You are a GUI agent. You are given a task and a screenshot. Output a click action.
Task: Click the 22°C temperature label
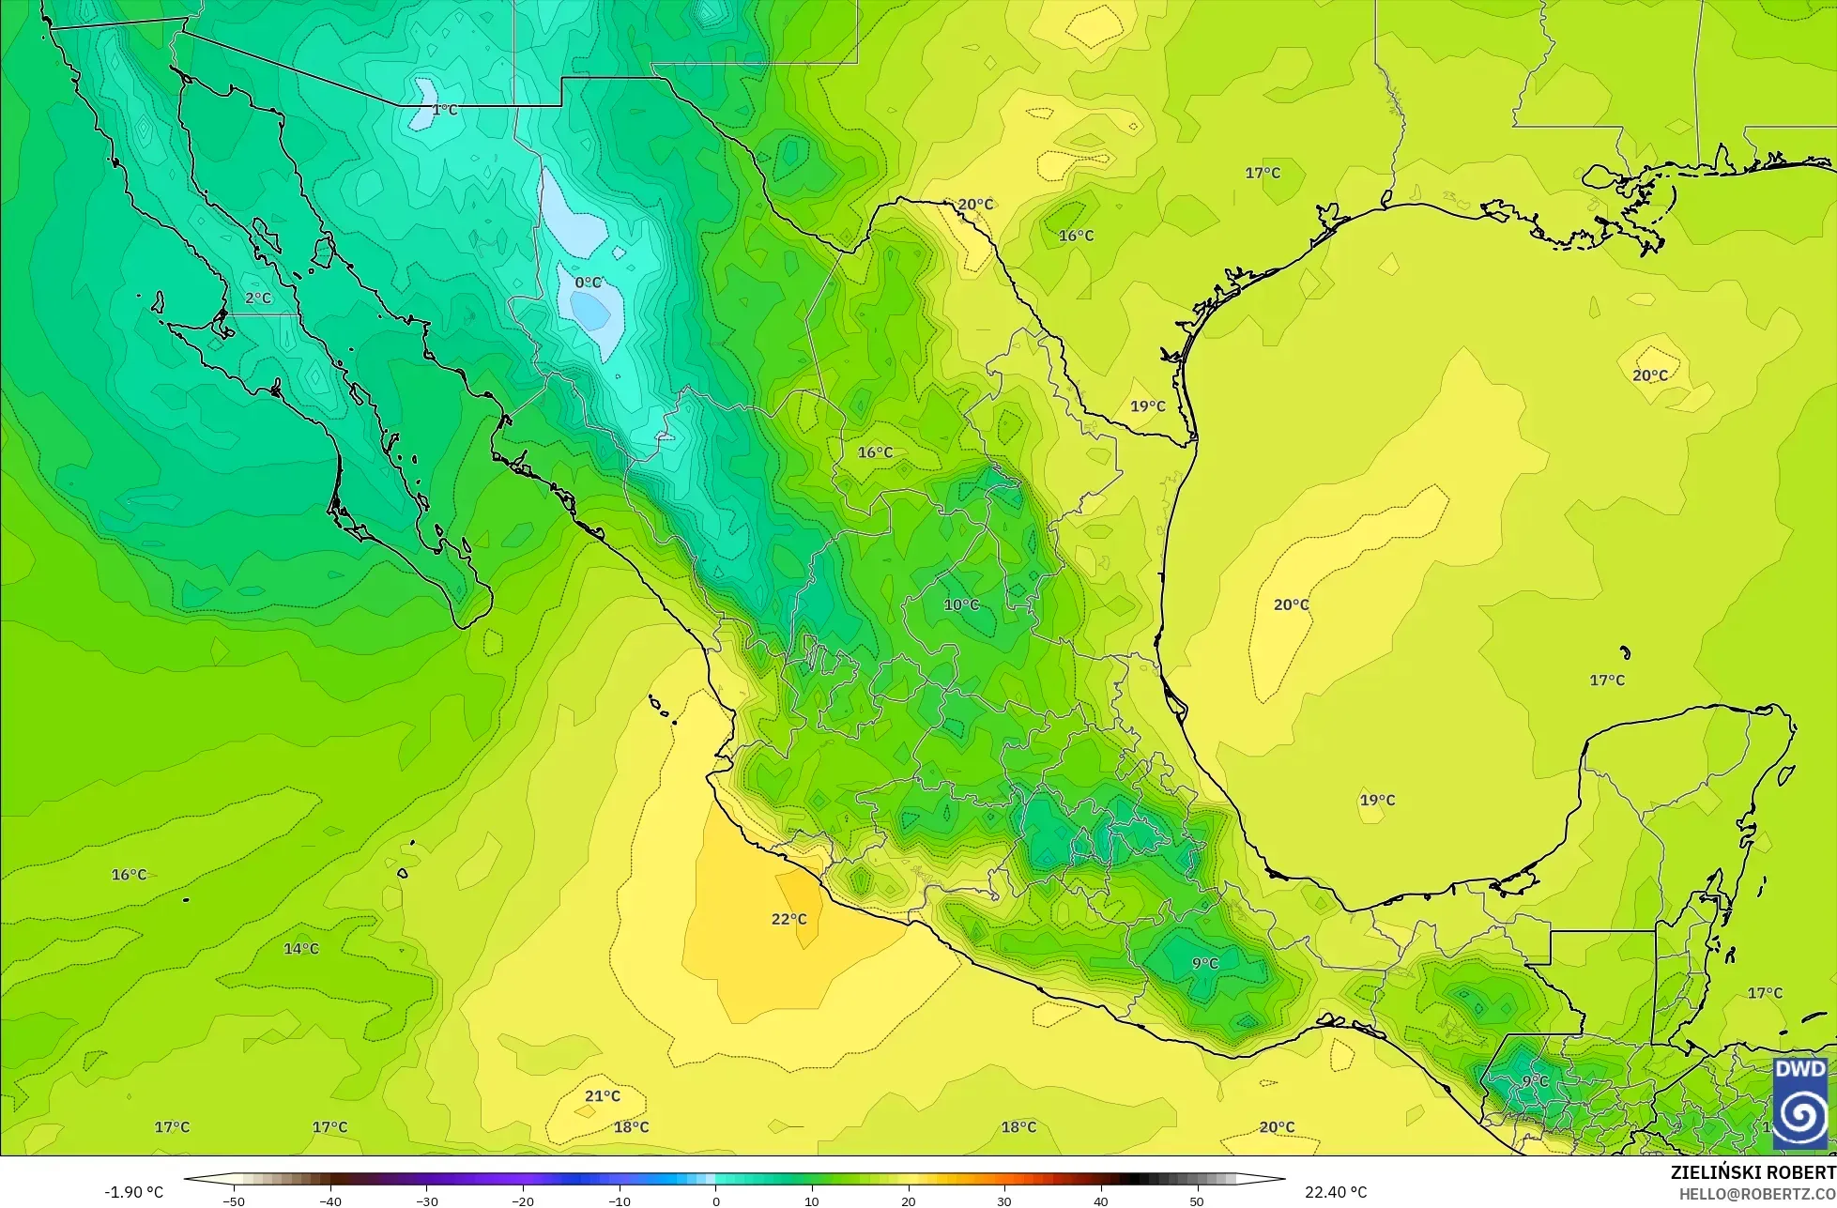point(788,919)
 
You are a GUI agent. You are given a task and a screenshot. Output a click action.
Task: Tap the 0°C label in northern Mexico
point(588,283)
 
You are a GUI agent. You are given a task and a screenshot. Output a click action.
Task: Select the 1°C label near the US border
point(444,110)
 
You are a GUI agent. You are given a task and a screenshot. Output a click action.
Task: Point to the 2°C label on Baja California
point(258,298)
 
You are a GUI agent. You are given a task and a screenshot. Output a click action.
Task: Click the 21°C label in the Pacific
point(603,1095)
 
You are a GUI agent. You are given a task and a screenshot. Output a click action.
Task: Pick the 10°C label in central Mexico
point(961,605)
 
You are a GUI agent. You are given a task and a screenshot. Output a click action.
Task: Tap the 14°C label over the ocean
point(301,949)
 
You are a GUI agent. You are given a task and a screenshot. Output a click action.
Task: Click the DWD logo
point(1800,1103)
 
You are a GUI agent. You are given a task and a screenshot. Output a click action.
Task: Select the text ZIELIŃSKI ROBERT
point(1753,1172)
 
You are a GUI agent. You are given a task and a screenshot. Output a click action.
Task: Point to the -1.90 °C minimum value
point(133,1192)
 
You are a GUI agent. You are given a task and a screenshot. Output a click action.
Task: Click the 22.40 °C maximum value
point(1336,1192)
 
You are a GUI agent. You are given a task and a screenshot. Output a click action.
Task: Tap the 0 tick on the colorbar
point(715,1201)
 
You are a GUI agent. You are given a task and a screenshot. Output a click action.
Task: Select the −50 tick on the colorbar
point(234,1201)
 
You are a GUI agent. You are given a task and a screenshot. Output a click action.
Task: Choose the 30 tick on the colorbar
point(1004,1201)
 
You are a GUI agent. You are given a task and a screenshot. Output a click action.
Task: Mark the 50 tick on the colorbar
point(1197,1201)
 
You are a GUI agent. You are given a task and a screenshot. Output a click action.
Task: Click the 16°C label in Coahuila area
point(875,452)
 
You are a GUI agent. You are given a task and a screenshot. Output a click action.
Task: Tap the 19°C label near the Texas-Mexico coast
point(1147,406)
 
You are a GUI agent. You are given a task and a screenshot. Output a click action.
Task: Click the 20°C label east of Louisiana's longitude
point(1649,375)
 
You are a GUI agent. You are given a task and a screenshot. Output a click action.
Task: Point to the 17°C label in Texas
point(1263,173)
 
